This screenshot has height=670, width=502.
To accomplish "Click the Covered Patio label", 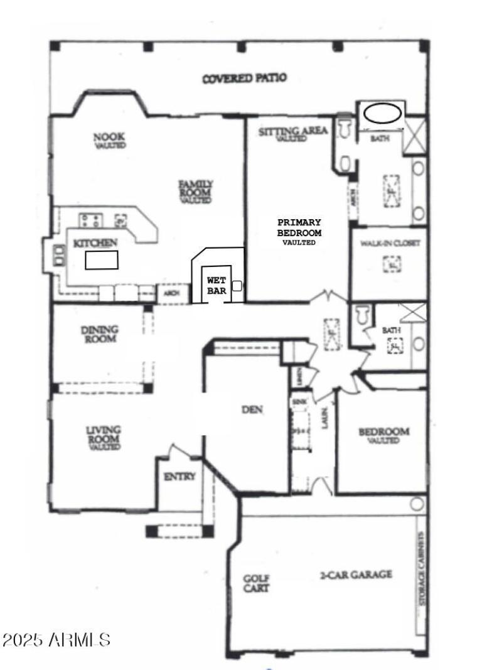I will (x=245, y=78).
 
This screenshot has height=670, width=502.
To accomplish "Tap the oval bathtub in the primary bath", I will (x=383, y=114).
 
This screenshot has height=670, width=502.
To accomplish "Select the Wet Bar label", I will (x=213, y=286).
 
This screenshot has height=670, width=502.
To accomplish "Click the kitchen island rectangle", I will (x=102, y=259).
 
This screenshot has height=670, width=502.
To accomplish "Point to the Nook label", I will (x=109, y=139).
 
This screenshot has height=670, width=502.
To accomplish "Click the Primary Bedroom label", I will (x=299, y=231).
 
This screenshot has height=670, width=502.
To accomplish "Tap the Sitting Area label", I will (x=292, y=132).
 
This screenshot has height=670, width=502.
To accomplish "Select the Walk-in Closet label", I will (x=390, y=242).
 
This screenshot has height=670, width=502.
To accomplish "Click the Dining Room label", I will (x=100, y=334).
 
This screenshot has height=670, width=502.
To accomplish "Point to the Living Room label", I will (x=104, y=438).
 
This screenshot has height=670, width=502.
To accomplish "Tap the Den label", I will (x=252, y=410).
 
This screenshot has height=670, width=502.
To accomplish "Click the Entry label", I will (x=179, y=477).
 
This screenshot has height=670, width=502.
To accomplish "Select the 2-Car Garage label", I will (x=356, y=574).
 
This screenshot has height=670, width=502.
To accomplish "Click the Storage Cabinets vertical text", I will (x=422, y=569).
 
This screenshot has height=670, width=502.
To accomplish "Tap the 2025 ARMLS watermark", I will (x=56, y=640).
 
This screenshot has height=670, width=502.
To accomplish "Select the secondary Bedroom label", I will (x=383, y=435).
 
